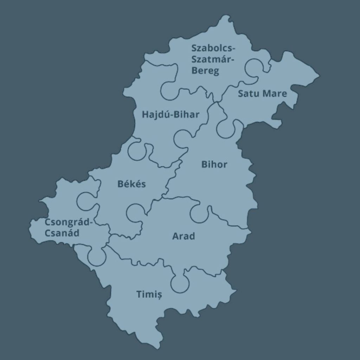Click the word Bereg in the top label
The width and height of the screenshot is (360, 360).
[205, 71]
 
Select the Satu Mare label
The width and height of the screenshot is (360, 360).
[262, 94]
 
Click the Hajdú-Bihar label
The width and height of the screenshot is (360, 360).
[171, 115]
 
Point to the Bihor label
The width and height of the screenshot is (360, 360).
[214, 165]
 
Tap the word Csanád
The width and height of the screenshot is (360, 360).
[62, 233]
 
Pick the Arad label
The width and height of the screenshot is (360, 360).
[183, 236]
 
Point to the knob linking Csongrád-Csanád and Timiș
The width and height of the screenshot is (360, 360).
[97, 256]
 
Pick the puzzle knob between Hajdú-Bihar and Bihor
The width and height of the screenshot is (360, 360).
[182, 139]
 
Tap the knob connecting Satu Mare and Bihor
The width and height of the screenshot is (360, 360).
[226, 128]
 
